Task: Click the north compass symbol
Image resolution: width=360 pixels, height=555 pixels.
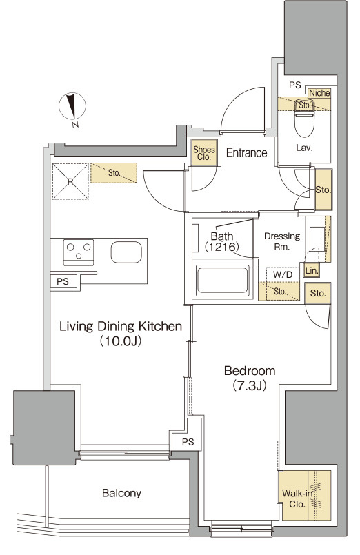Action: click(72, 107)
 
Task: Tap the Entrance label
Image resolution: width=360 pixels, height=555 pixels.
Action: click(246, 153)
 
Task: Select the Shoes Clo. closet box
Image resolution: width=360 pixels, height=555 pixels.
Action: click(204, 152)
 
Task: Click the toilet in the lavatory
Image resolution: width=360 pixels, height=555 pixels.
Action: click(304, 117)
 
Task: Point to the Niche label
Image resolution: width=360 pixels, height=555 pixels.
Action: click(319, 93)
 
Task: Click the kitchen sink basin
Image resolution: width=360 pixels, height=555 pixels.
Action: click(126, 252)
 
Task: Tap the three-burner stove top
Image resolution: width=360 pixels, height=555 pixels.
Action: click(79, 252)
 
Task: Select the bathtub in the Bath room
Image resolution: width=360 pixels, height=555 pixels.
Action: click(222, 281)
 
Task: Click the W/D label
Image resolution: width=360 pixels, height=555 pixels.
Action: click(283, 274)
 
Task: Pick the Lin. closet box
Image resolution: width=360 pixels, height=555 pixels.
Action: click(312, 271)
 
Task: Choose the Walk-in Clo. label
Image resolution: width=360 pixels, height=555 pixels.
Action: click(297, 498)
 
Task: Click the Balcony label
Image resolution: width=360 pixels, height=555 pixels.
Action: click(121, 493)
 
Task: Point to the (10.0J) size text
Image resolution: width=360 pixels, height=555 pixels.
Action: click(121, 341)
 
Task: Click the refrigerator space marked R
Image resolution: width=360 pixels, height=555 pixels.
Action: click(70, 181)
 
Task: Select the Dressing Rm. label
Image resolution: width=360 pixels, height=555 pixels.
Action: click(282, 241)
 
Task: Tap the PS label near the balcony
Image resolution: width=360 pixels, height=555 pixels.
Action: click(188, 442)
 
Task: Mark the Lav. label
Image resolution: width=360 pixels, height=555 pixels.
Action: click(304, 148)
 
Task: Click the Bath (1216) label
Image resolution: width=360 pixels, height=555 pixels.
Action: click(222, 241)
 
